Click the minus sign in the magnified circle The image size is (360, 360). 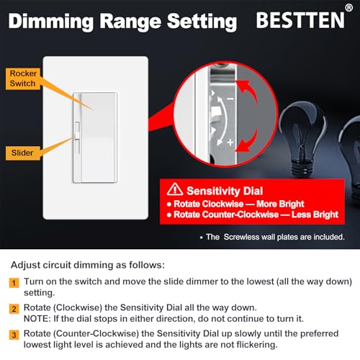pyautogui.click(x=230, y=97)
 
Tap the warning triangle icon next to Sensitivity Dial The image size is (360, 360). pyautogui.click(x=175, y=191)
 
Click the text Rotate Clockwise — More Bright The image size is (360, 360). pyautogui.click(x=236, y=204)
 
